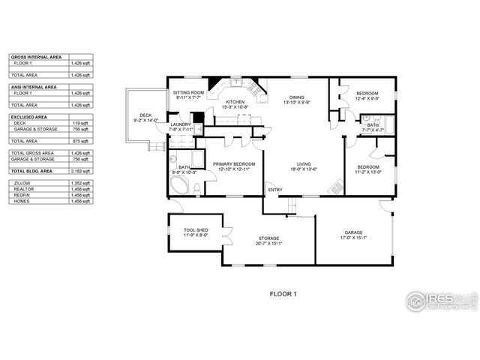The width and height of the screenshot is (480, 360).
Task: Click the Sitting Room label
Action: tap(188, 92)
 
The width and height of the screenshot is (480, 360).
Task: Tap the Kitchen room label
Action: tap(235, 102)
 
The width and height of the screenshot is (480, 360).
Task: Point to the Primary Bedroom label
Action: tap(234, 163)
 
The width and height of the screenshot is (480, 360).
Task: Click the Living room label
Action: tap(304, 163)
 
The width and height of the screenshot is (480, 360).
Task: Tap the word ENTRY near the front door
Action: tap(275, 190)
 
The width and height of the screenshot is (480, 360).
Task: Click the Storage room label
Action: tap(269, 238)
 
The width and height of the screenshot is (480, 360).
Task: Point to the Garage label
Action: tap(352, 232)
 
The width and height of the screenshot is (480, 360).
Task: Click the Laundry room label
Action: tap(181, 124)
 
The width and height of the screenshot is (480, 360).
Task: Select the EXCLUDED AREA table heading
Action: tap(27, 118)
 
